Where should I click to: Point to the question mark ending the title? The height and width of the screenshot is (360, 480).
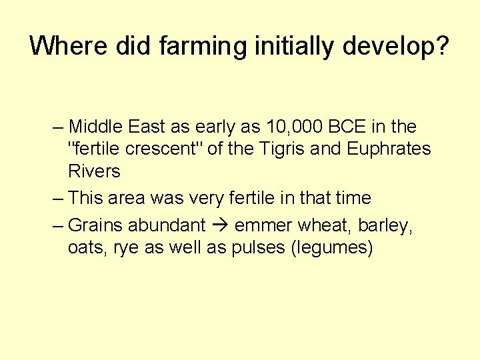coord(442,45)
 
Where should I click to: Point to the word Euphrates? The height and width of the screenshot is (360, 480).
coord(389,149)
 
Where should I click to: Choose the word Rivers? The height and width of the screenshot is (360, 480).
coord(94,171)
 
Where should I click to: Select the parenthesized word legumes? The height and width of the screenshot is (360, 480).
coord(330,248)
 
